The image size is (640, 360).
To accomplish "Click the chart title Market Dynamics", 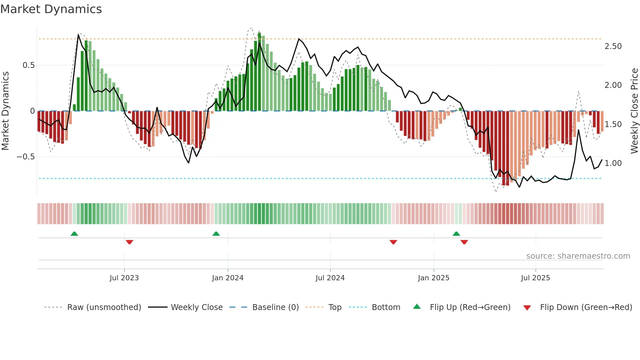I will coord(51,9).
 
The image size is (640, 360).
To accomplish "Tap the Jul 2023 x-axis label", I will coord(124,278).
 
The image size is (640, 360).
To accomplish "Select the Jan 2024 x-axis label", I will coord(228,278).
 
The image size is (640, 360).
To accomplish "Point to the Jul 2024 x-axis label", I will coord(330,278).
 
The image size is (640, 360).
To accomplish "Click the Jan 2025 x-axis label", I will coord(434,278).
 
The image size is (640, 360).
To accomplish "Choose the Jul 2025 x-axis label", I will coord(536,278).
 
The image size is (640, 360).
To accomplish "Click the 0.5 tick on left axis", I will coord(29,65).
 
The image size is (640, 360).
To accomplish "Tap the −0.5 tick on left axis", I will coord(26,157).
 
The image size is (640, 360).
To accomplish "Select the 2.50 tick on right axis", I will coord(613,46).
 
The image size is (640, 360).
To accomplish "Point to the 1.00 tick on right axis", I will coord(613,163).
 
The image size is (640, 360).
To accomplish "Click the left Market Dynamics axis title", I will coord(5,111).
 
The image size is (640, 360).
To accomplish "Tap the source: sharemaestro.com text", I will coord(578,256).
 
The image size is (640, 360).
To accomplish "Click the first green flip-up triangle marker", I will coord(74,234).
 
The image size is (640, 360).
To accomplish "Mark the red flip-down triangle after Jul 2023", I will coord(130,242).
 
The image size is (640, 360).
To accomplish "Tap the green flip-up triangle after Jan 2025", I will coord(456,234).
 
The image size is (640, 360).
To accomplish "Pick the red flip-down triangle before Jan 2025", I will coord(393,242).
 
